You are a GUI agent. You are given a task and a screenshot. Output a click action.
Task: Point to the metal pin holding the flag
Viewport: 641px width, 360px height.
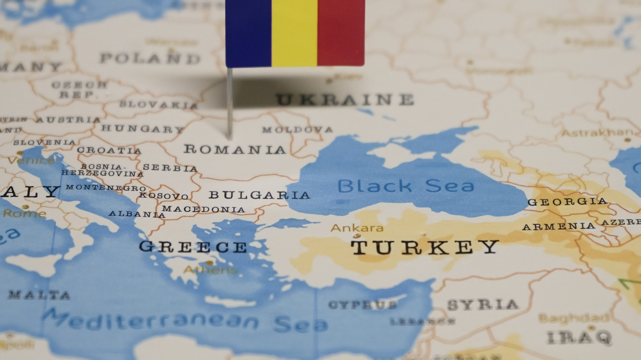[x=229, y=104]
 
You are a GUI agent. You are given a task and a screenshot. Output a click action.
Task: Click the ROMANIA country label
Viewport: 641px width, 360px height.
[x=235, y=149]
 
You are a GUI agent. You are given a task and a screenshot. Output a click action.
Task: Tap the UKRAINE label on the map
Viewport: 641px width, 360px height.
[x=345, y=100]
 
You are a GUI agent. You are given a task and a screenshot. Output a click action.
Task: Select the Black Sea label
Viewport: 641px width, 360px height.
[x=406, y=186]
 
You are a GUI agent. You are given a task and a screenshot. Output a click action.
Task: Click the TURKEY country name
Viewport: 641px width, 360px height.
[x=424, y=247]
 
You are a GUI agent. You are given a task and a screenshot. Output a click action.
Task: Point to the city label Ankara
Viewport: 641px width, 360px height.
[x=357, y=228]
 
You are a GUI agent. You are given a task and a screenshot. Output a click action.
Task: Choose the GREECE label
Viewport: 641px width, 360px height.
[x=193, y=247]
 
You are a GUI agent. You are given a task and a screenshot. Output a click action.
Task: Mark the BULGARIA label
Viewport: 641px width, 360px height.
[x=259, y=195]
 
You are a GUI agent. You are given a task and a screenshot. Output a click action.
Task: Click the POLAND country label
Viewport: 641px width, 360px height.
[x=150, y=58]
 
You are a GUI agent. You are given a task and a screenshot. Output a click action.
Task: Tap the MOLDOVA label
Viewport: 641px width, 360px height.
[x=297, y=129]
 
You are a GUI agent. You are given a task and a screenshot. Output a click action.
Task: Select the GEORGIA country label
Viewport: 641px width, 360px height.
[x=567, y=202]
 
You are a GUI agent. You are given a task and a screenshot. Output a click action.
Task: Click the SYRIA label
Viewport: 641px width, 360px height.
[x=483, y=305]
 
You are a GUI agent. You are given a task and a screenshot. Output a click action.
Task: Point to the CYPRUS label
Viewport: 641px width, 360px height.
[x=363, y=305]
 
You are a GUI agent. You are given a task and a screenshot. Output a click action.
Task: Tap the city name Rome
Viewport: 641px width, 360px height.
[x=24, y=213]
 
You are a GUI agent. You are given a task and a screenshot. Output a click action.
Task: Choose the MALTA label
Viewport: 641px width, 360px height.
[x=39, y=294]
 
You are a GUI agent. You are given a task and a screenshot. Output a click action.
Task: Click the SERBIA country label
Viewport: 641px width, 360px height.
[x=170, y=168]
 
